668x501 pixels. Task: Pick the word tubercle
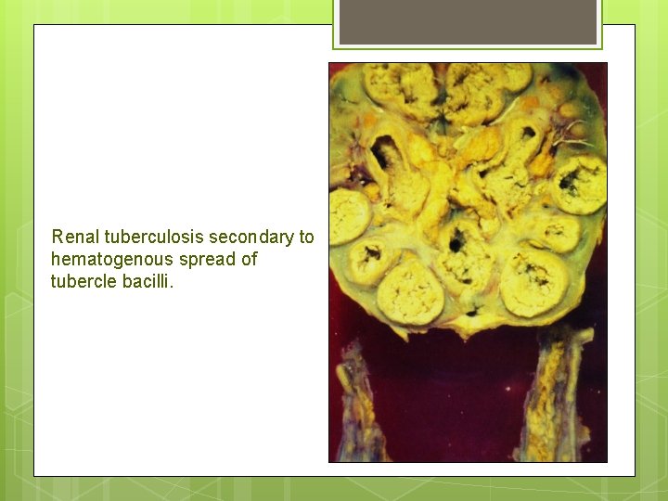point(83,282)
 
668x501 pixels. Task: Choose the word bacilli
point(147,282)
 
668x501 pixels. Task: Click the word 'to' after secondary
point(306,238)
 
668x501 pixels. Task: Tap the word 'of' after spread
point(249,260)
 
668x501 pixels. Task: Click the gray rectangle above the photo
point(468,22)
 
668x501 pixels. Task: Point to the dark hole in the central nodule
point(456,244)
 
